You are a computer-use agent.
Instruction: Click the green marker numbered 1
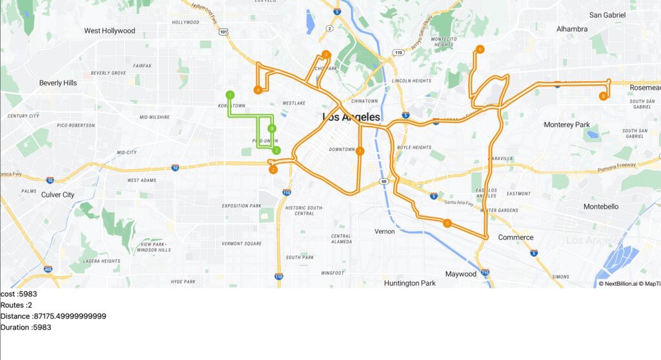point(230,95)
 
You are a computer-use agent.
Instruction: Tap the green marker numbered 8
point(272,128)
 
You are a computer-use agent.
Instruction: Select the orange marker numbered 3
point(326,54)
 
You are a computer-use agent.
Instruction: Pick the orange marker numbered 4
point(258,90)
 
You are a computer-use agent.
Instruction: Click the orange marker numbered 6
point(480,49)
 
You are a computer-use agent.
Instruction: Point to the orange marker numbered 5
point(447,224)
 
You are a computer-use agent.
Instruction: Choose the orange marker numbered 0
point(603,96)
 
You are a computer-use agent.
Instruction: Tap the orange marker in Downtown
point(360,151)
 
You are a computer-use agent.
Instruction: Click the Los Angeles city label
point(351,117)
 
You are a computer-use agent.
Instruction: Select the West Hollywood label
point(110,30)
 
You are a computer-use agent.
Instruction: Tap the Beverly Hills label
point(58,83)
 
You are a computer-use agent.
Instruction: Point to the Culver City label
point(57,194)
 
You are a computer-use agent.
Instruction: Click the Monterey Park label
point(567,125)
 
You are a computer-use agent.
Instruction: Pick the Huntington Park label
point(410,283)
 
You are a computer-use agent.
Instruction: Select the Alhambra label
point(572,29)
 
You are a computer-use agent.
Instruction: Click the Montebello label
point(600,206)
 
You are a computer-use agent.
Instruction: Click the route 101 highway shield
point(223,31)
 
